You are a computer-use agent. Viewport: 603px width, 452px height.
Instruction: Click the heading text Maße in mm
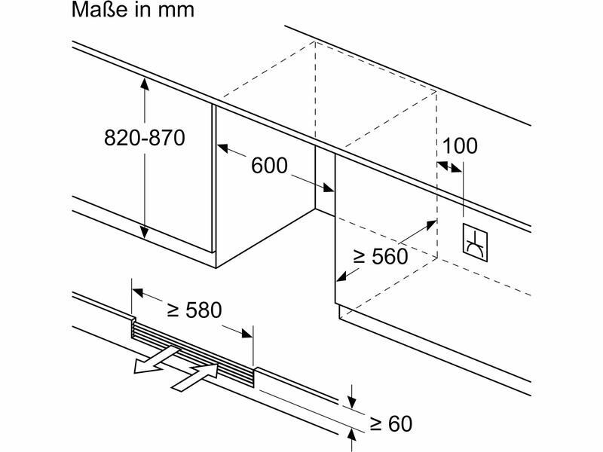tap(133, 10)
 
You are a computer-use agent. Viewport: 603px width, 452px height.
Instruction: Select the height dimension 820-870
tap(145, 138)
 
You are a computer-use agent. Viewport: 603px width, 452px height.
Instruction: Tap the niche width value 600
tap(269, 166)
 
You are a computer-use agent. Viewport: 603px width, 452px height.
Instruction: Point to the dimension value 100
tap(460, 146)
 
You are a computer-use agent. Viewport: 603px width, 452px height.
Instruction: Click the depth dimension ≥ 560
tap(381, 256)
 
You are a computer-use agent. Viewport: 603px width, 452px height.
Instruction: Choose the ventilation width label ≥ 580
tap(194, 310)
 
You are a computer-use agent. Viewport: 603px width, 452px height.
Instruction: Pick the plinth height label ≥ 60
tap(390, 424)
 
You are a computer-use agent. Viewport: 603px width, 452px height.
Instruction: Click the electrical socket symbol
tap(475, 243)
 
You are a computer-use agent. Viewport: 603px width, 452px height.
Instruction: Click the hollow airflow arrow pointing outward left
tap(156, 360)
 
